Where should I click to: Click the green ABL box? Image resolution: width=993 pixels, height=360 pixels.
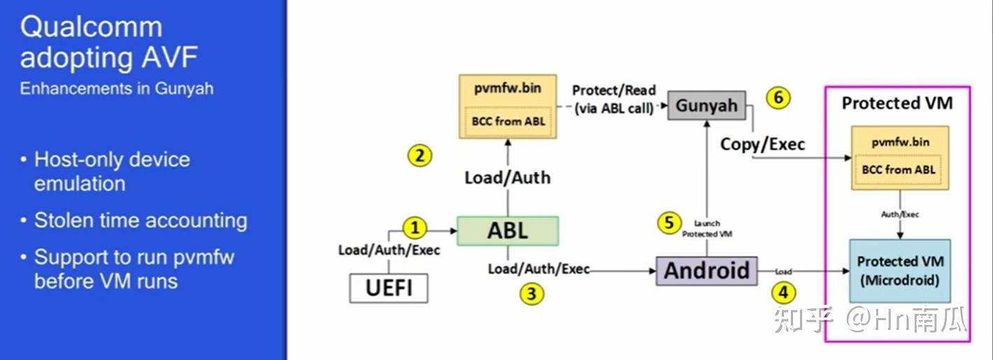tap(508, 231)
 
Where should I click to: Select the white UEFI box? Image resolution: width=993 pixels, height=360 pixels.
tap(389, 288)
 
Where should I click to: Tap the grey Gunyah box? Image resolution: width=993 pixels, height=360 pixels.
tap(706, 106)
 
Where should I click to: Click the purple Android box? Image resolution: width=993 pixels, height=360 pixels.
tap(706, 271)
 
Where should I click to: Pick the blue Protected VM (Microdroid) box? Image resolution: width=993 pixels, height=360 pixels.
tap(900, 271)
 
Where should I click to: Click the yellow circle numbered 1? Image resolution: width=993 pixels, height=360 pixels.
tap(415, 228)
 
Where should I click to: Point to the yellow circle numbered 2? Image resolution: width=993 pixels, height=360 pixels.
tap(420, 156)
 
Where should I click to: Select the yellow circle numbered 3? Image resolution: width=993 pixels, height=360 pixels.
tap(531, 294)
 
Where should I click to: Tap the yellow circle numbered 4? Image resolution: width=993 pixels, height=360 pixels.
tap(783, 293)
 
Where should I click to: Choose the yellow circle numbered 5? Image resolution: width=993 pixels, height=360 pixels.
tap(669, 222)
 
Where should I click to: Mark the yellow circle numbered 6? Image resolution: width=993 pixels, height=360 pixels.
tap(778, 98)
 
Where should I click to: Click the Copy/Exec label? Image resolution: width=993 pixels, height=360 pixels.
tap(762, 144)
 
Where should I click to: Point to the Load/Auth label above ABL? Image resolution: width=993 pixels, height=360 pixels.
tap(508, 178)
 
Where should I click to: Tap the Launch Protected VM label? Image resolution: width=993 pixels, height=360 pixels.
tap(707, 229)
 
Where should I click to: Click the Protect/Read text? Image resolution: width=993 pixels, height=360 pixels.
tap(614, 90)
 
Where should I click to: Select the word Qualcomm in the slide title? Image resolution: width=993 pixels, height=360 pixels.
tap(92, 27)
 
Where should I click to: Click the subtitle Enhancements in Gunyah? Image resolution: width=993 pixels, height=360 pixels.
tap(117, 89)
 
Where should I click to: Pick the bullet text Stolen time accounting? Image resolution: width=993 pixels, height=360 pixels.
tap(141, 220)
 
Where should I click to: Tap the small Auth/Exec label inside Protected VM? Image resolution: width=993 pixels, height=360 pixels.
tap(900, 215)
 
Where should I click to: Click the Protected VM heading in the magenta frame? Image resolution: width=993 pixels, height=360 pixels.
tap(897, 103)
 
